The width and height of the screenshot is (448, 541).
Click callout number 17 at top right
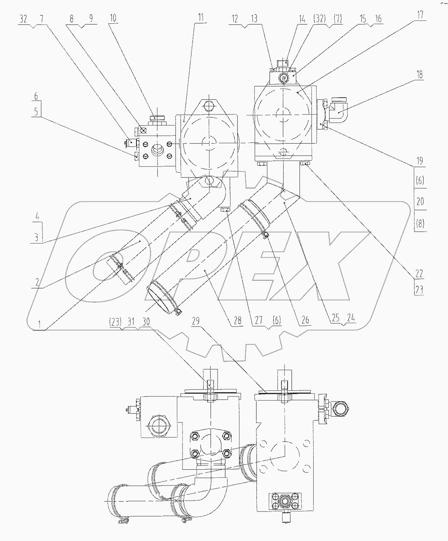pyautogui.click(x=420, y=15)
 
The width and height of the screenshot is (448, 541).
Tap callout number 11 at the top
pyautogui.click(x=201, y=18)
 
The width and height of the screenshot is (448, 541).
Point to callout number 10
pyautogui.click(x=113, y=18)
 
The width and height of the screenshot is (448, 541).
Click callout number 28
pyautogui.click(x=237, y=321)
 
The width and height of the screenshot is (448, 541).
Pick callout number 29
pyautogui.click(x=196, y=321)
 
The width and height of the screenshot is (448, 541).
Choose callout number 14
pyautogui.click(x=302, y=19)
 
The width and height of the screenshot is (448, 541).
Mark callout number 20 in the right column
pyautogui.click(x=420, y=201)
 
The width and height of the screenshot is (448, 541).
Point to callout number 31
pyautogui.click(x=131, y=322)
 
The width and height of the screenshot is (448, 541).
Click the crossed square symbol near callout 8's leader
pyautogui.click(x=144, y=130)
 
